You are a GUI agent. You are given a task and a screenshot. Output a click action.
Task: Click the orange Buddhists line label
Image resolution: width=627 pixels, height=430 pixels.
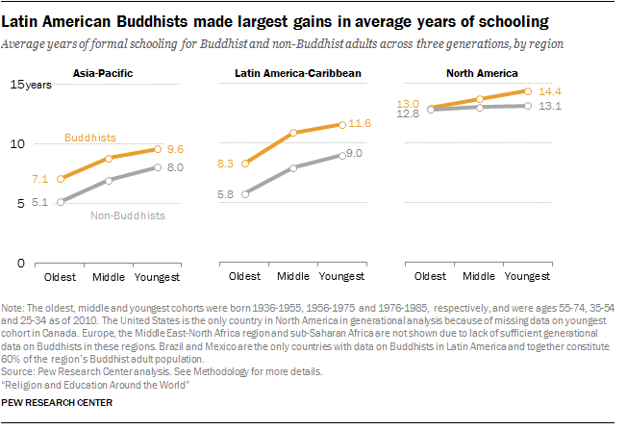click(x=90, y=138)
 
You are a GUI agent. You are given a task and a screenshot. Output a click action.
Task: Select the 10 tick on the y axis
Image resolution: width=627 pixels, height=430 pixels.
click(x=15, y=143)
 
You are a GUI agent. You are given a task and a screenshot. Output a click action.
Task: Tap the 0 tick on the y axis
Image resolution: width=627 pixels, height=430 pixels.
click(x=18, y=262)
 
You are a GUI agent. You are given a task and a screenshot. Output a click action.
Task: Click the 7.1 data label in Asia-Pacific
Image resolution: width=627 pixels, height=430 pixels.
click(x=39, y=179)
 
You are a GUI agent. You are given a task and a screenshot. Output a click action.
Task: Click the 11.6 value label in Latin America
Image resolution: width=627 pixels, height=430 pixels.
click(x=361, y=124)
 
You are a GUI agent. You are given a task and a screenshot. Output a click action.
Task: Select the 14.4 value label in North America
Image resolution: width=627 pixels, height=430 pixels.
click(x=549, y=90)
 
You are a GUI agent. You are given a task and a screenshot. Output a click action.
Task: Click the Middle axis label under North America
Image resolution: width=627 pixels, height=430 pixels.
click(x=481, y=277)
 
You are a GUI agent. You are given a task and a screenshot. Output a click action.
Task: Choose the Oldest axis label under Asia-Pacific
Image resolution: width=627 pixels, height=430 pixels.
click(x=60, y=277)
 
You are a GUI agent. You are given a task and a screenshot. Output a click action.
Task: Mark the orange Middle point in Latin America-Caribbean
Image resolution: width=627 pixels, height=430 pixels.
click(x=293, y=132)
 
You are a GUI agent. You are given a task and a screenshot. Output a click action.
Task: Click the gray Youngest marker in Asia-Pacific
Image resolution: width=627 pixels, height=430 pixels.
click(x=159, y=167)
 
